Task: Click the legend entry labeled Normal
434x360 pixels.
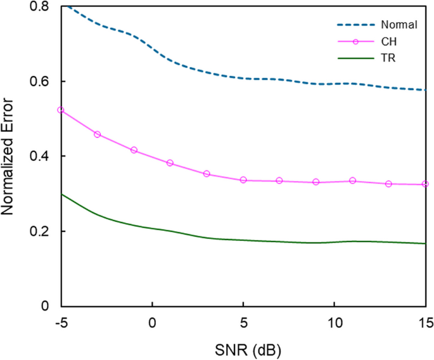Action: (x=399, y=25)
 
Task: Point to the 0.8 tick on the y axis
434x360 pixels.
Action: (x=42, y=6)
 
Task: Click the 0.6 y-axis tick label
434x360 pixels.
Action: (x=42, y=82)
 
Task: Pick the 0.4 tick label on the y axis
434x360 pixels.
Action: (x=42, y=157)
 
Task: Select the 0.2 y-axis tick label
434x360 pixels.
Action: (x=42, y=232)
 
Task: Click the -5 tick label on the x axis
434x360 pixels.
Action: (x=61, y=321)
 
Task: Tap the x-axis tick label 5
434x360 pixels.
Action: (x=243, y=321)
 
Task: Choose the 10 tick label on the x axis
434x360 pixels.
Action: (x=334, y=321)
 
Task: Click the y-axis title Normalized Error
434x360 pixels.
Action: (x=11, y=156)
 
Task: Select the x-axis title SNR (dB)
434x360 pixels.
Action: (x=243, y=348)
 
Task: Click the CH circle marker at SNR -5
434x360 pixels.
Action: (x=61, y=110)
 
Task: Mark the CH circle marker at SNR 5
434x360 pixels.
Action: (x=243, y=180)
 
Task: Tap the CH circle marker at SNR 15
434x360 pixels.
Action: (x=425, y=184)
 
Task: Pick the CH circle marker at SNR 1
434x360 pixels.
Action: (x=170, y=163)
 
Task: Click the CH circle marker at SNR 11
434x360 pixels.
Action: (x=352, y=181)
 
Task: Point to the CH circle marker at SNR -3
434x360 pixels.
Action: (x=97, y=134)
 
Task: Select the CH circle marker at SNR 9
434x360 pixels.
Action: (x=316, y=182)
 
